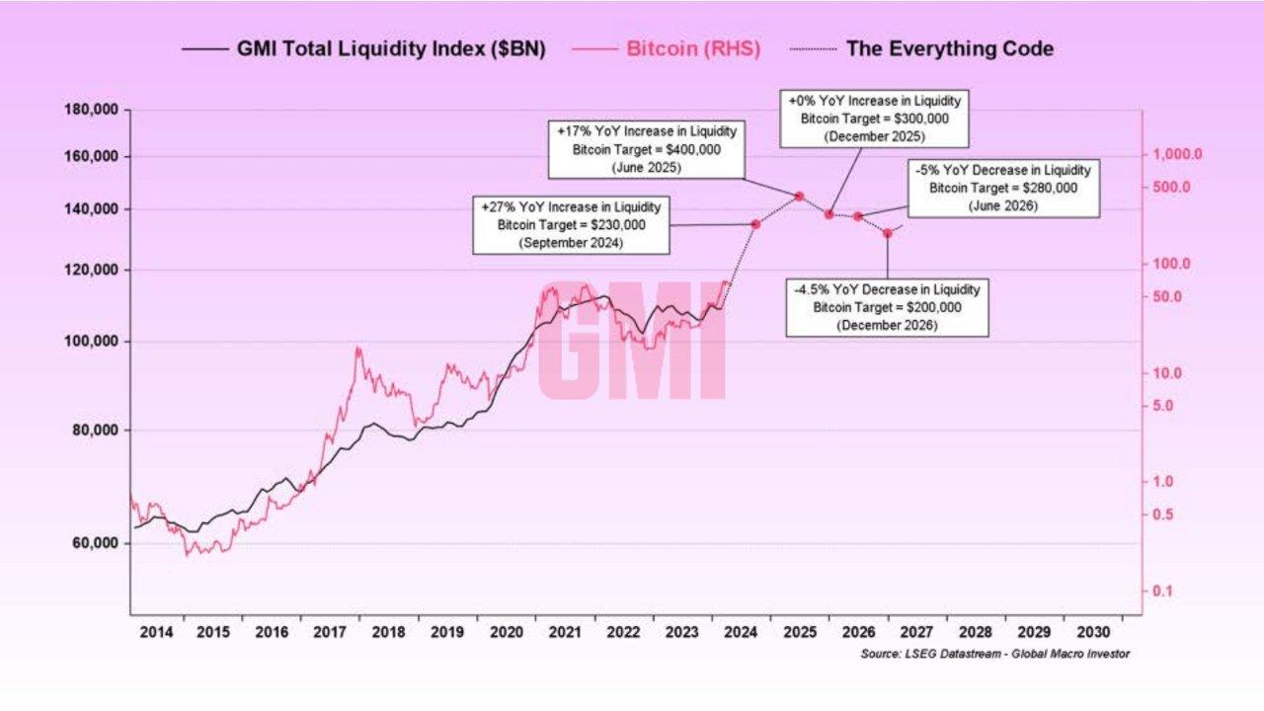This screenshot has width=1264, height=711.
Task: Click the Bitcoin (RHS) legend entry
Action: [x=693, y=48]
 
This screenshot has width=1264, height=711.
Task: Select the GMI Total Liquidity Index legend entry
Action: [x=390, y=48]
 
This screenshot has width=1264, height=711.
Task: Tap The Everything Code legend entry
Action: [x=949, y=48]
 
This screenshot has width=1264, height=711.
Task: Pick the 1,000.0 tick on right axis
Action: [x=1171, y=155]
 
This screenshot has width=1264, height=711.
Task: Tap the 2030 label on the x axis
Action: [x=1094, y=631]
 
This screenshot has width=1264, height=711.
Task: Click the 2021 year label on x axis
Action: [x=565, y=631]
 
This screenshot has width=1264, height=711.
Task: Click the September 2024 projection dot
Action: [x=755, y=224]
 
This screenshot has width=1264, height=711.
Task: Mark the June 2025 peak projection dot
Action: [x=799, y=197]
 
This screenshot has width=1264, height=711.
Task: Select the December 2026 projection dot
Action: [x=887, y=233]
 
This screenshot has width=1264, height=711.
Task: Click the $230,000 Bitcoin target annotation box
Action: [x=571, y=225]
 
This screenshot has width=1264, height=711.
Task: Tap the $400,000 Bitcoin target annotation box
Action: [x=647, y=149]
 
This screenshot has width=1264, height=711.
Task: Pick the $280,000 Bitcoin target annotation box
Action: [x=1002, y=189]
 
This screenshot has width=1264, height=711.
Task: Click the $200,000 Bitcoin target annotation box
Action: [x=887, y=307]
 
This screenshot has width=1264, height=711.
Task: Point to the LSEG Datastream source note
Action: [x=994, y=654]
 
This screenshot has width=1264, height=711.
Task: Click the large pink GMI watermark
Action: [x=632, y=340]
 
